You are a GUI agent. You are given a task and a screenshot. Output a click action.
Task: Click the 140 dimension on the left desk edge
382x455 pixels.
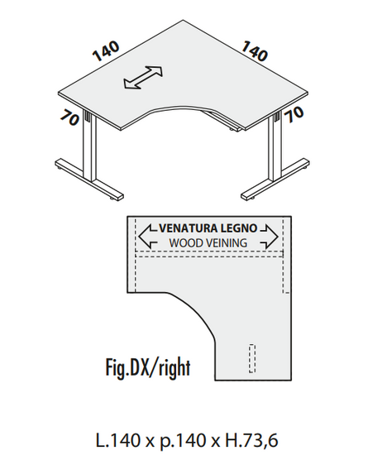pyautogui.click(x=106, y=51)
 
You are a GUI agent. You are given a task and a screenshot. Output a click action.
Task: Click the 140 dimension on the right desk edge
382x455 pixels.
pyautogui.click(x=255, y=50)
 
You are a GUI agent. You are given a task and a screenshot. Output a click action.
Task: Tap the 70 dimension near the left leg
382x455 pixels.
pyautogui.click(x=69, y=118)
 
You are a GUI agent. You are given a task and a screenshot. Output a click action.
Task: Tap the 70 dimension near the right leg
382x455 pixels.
pyautogui.click(x=294, y=114)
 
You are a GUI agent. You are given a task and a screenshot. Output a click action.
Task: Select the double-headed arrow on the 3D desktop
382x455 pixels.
pyautogui.click(x=143, y=77)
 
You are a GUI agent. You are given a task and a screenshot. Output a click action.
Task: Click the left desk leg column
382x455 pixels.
pyautogui.click(x=90, y=148)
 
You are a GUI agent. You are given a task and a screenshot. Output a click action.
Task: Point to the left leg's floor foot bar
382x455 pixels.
pyautogui.click(x=89, y=180)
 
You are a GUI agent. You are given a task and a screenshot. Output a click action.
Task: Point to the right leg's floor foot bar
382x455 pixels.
pyautogui.click(x=275, y=179)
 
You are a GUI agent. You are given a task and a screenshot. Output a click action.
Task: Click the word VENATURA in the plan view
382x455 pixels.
pyautogui.click(x=189, y=228)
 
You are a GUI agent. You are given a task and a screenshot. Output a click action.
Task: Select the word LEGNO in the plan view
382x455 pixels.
pyautogui.click(x=239, y=228)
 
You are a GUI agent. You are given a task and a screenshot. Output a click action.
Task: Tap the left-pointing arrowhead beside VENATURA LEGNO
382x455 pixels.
pyautogui.click(x=147, y=237)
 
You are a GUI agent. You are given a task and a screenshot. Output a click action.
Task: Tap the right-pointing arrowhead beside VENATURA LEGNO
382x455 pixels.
pyautogui.click(x=270, y=237)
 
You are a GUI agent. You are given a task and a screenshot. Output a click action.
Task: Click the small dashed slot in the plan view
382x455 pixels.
pyautogui.click(x=252, y=358)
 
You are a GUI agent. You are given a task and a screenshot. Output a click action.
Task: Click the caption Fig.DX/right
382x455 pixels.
pyautogui.click(x=148, y=367)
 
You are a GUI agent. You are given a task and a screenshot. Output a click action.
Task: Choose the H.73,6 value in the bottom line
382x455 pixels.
pyautogui.click(x=251, y=440)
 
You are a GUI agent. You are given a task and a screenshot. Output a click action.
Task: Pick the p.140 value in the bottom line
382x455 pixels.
pyautogui.click(x=183, y=441)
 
